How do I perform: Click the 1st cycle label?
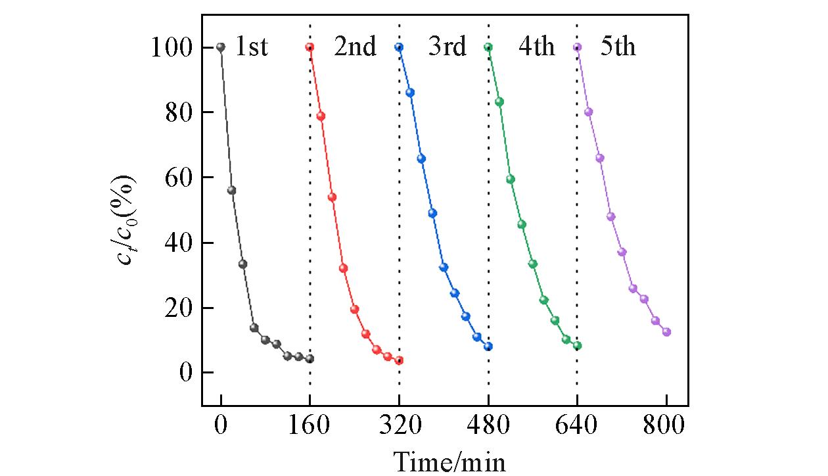tap(251, 48)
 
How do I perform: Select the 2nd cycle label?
tap(355, 48)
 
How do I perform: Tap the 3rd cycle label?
tap(447, 48)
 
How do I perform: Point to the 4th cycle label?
tap(536, 48)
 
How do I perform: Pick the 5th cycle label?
tap(618, 48)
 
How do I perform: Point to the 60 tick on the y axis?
tap(181, 178)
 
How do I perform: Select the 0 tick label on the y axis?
tap(188, 373)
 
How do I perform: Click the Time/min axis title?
tap(449, 462)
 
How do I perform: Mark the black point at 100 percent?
tap(221, 47)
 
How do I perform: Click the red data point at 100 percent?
tap(310, 47)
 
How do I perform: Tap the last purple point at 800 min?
tap(666, 332)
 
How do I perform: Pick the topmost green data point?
tap(488, 47)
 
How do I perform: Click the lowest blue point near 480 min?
tap(488, 346)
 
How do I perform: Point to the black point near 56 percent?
tap(231, 190)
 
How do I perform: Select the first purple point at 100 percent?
tap(578, 47)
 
